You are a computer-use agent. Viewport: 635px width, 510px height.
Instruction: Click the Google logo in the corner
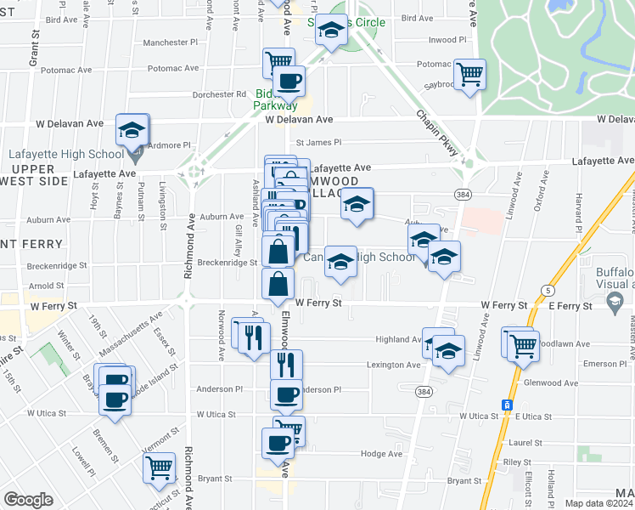[28, 500]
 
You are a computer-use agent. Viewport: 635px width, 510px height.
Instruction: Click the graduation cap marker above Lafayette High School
[132, 130]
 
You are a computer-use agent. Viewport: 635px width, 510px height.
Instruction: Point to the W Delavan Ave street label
[298, 121]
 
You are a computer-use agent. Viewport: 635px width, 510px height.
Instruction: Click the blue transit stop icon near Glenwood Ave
[507, 405]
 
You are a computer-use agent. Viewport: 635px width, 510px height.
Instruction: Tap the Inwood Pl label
[447, 40]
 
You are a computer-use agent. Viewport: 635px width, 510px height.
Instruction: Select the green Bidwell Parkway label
[275, 99]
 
